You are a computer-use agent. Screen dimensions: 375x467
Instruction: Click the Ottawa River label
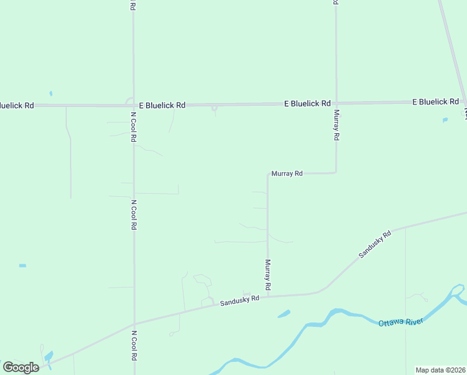tap(401, 321)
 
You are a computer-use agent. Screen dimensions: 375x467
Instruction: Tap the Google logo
tap(21, 367)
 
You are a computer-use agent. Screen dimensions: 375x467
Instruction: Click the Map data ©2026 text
tap(440, 370)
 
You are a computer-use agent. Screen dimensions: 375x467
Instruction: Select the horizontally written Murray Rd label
tap(287, 173)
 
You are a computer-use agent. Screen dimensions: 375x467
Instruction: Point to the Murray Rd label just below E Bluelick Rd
tap(336, 125)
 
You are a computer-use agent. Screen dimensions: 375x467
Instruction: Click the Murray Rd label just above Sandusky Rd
tap(267, 274)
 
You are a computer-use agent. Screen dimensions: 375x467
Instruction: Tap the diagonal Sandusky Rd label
tap(375, 244)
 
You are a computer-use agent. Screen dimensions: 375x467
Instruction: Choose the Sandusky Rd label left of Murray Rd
tap(239, 301)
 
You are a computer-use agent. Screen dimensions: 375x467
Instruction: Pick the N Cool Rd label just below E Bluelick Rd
tap(134, 127)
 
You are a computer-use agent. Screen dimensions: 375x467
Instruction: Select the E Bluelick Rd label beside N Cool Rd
tap(162, 106)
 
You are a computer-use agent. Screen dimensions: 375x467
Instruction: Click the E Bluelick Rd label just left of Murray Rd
tap(307, 103)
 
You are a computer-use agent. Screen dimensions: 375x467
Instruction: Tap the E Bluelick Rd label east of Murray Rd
tap(436, 101)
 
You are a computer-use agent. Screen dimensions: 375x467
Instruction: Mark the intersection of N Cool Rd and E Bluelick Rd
tap(134, 106)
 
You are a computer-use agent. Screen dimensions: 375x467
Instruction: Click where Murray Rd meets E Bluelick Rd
tap(336, 103)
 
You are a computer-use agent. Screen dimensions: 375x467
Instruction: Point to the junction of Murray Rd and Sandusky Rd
tap(268, 296)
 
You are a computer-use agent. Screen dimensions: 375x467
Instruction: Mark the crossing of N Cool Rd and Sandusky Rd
tap(134, 324)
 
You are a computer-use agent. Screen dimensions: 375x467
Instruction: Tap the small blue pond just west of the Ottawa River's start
tap(283, 314)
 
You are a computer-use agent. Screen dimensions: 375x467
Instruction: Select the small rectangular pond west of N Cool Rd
tap(22, 266)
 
